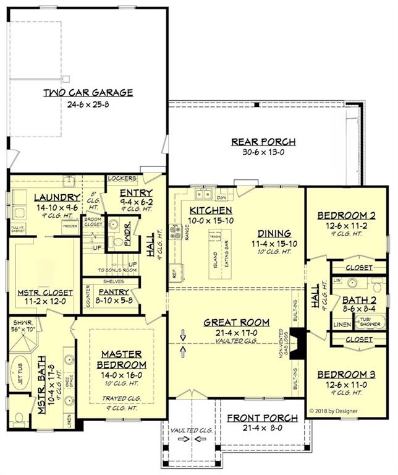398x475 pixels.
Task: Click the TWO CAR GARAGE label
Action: (88, 93)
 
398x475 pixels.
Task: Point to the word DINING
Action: (275, 233)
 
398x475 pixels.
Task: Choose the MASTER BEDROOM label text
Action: (121, 360)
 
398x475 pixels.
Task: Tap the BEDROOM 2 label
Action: (346, 215)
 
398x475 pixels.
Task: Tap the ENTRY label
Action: (135, 193)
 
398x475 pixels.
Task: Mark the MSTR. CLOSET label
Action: (44, 293)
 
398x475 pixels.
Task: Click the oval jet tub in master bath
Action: (23, 379)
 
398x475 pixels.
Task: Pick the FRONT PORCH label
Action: (262, 418)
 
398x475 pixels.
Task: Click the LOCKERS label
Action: (122, 178)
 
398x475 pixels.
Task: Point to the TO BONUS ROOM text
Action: (117, 271)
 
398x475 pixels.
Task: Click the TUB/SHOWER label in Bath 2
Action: (370, 322)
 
